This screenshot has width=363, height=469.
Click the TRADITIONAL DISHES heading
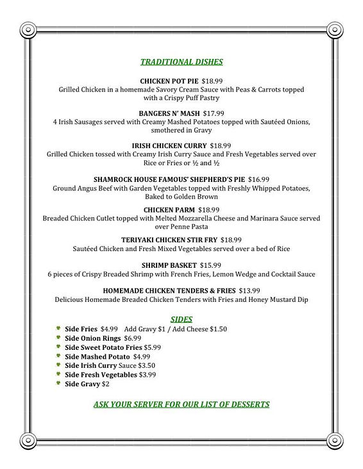click(181, 62)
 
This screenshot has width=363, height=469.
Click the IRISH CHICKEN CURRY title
click(161, 145)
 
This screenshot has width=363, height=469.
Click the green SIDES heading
click(181, 318)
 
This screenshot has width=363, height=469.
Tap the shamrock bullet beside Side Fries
click(58, 329)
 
